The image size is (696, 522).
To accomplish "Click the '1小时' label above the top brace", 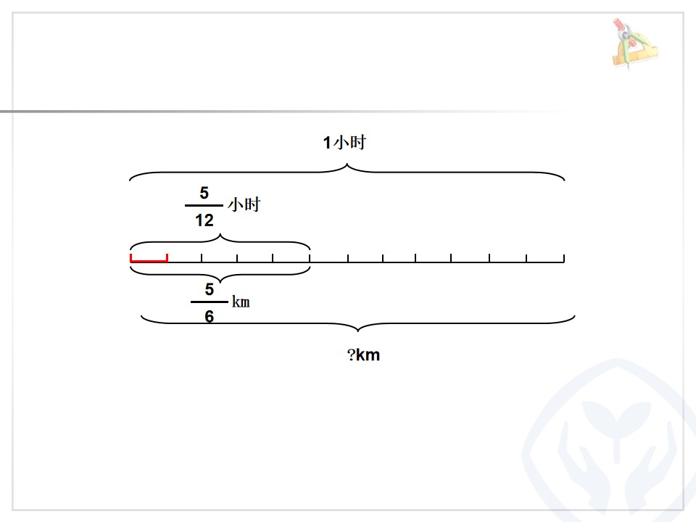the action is coord(344,143).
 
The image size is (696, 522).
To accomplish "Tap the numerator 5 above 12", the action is coord(204,193).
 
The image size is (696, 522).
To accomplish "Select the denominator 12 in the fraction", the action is coord(204,220).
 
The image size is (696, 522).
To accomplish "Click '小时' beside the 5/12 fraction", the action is coord(244,204).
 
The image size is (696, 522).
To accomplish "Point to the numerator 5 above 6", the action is coord(210,289).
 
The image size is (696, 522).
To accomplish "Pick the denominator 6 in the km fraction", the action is coord(210,317).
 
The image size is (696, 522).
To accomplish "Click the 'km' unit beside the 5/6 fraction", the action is coord(241,302).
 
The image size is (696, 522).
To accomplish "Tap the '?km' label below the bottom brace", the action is coord(363,355).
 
